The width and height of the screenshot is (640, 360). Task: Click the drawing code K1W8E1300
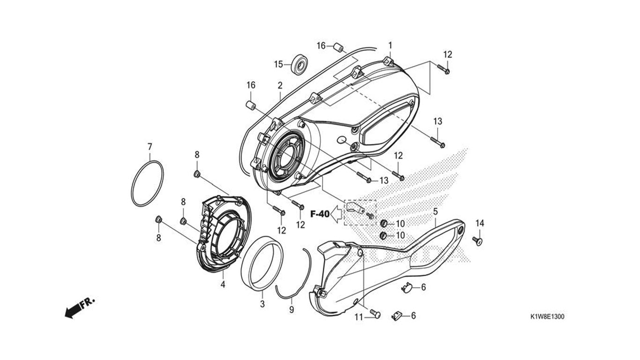click(547, 316)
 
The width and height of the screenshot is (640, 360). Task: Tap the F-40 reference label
click(320, 214)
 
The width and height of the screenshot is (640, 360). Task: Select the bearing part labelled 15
click(299, 64)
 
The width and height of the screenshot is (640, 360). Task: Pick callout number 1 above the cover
click(390, 45)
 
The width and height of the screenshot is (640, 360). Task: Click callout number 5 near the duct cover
click(435, 212)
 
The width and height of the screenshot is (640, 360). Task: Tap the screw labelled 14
click(477, 240)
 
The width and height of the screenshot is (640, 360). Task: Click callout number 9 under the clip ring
click(291, 310)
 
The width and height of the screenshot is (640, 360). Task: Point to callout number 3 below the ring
click(262, 304)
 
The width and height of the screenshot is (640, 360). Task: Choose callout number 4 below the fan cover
click(223, 285)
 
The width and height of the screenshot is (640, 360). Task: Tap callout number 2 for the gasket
click(280, 85)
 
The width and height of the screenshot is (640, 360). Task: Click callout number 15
click(278, 64)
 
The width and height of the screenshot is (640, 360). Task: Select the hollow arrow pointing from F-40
click(336, 214)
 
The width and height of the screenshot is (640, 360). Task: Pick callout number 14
click(480, 223)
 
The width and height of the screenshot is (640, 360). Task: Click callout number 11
click(359, 317)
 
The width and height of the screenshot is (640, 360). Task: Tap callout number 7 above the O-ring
click(150, 147)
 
